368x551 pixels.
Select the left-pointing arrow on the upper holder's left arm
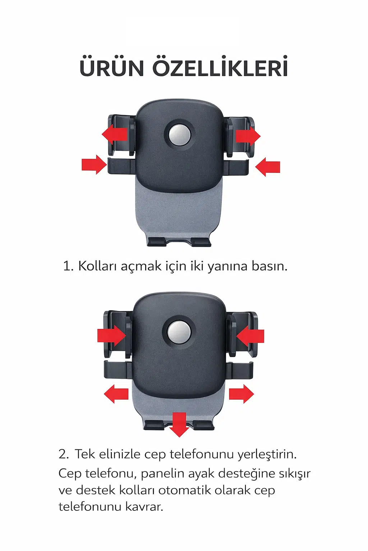click(115, 134)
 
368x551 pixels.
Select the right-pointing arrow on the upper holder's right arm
click(248, 136)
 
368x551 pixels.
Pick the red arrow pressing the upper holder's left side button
click(95, 165)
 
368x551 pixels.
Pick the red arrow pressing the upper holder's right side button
click(268, 167)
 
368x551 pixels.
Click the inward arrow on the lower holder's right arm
click(250, 336)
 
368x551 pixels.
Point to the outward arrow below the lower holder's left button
click(116, 394)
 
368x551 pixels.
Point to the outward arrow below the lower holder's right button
click(241, 394)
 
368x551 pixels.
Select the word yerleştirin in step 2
click(267, 455)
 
